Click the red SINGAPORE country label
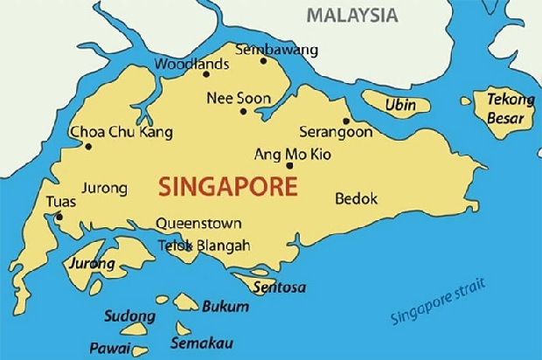(227, 186)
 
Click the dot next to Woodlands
(230, 73)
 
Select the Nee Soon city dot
(243, 111)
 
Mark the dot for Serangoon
(346, 121)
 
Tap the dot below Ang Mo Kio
(289, 164)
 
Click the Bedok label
(357, 199)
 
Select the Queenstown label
(199, 224)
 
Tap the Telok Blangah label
(203, 246)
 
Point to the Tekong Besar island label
(510, 108)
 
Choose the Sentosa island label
(279, 287)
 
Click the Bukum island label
(225, 307)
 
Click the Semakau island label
(201, 342)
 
